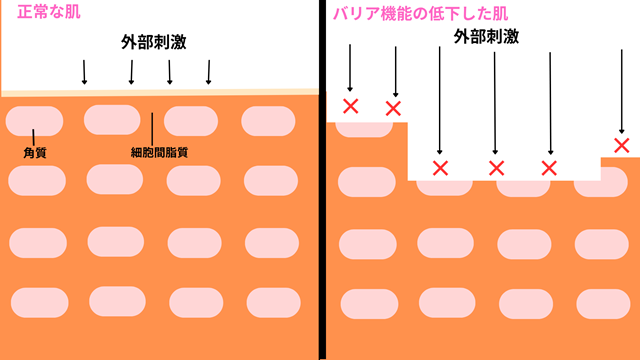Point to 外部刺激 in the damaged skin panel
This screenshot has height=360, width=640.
point(485,36)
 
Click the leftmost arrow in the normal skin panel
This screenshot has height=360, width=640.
point(84,71)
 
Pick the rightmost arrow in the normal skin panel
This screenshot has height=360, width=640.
point(209,71)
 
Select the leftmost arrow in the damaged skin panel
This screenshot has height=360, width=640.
point(350,69)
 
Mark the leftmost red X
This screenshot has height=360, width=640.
point(350,106)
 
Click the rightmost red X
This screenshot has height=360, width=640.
point(622,146)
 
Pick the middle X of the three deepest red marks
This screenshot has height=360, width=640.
point(495,167)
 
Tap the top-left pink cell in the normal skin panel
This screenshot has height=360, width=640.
point(33,120)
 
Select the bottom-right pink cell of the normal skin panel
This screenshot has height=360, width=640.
point(271,300)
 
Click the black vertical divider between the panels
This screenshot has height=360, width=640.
point(321,180)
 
